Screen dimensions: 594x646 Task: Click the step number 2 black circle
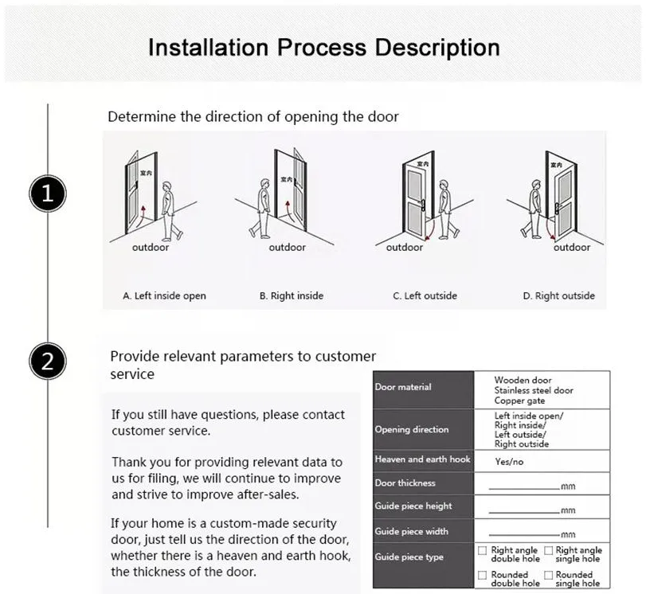point(48,362)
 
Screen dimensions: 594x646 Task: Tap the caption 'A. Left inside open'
point(164,295)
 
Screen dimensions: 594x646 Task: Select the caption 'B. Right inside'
point(292,295)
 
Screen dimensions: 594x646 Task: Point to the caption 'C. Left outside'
point(425,295)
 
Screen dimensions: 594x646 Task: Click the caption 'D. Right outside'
point(558,295)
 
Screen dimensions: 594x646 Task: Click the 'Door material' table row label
point(403,387)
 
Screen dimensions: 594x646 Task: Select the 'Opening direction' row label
point(412,430)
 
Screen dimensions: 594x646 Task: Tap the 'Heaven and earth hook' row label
point(422,459)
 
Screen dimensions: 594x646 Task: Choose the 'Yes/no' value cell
point(510,461)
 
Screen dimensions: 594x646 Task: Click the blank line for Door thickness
point(523,487)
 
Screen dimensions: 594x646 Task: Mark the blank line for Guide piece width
point(523,535)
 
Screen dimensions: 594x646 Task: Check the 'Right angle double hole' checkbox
point(482,551)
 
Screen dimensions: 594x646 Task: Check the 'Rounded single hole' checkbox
point(548,575)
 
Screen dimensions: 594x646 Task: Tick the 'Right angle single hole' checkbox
point(548,551)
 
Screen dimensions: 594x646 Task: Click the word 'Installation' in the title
point(209,47)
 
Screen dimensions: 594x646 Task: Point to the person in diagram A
point(169,211)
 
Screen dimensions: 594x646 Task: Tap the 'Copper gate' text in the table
point(519,401)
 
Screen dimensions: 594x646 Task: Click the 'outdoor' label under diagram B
point(287,248)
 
